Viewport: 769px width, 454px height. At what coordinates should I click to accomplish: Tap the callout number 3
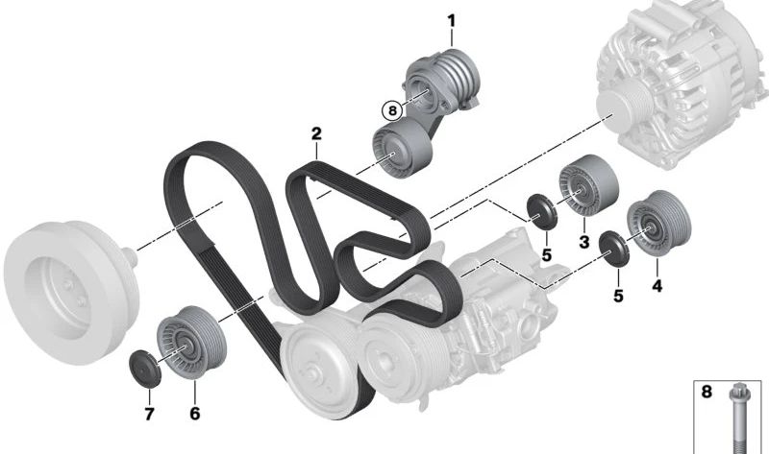pos(583,241)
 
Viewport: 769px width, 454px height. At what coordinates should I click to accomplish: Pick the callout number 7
pos(149,414)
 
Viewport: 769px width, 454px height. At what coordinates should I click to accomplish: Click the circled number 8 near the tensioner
pos(391,110)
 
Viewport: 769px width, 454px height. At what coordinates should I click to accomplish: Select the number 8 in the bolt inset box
pos(707,392)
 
